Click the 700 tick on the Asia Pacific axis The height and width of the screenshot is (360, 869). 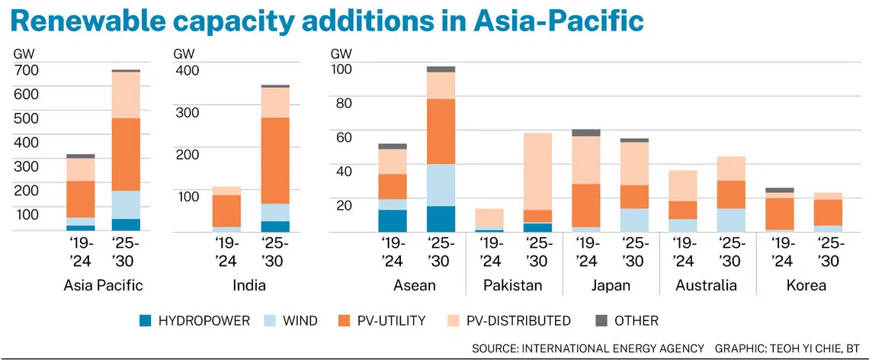26,70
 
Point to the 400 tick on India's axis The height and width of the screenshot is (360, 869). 187,70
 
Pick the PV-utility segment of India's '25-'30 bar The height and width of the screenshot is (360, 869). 274,160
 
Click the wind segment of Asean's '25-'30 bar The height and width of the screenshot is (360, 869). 441,185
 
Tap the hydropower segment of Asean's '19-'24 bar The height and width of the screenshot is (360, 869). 393,220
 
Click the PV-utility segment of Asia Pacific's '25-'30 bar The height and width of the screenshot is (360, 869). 126,154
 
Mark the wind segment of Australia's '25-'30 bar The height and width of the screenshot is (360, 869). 731,220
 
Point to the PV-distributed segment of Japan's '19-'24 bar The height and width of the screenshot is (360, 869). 585,159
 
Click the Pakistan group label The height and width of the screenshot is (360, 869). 513,286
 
